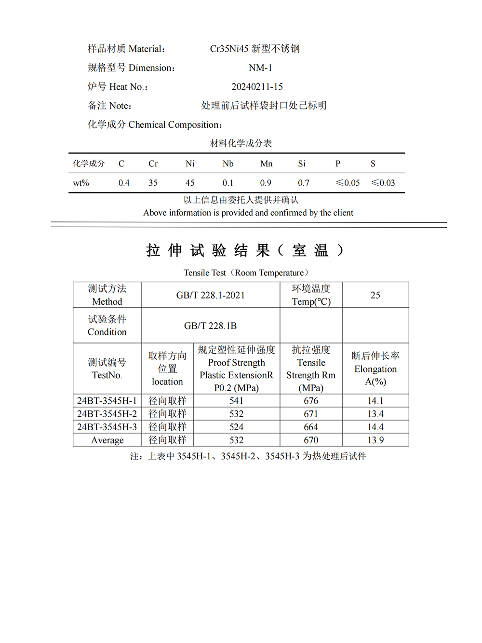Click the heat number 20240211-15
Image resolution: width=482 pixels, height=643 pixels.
[257, 87]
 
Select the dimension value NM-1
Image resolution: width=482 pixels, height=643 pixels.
[260, 68]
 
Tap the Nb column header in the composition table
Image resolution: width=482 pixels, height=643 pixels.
[228, 164]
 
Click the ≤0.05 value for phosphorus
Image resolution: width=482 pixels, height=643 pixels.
[348, 183]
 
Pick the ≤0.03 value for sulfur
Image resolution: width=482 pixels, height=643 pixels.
[383, 183]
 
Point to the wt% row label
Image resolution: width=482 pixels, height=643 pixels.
[81, 183]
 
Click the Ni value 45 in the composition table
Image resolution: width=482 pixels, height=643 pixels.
[190, 183]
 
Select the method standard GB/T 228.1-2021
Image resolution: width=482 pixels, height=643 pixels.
[210, 295]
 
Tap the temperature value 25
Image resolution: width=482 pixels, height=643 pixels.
[375, 295]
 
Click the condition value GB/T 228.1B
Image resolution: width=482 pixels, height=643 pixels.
[210, 326]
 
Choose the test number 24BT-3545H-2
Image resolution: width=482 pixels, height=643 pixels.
[107, 414]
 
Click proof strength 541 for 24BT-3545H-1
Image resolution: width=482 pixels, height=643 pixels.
[236, 401]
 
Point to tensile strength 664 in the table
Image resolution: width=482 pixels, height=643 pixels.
[311, 427]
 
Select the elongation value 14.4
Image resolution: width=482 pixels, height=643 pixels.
[375, 427]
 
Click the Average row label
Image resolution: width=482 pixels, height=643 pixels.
[107, 440]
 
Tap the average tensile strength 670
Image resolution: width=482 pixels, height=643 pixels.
[311, 440]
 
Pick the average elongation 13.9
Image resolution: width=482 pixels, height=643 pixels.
[375, 440]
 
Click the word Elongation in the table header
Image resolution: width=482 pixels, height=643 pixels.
[375, 369]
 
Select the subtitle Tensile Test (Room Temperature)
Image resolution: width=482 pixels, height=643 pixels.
[246, 273]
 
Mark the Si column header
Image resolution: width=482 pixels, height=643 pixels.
[302, 164]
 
